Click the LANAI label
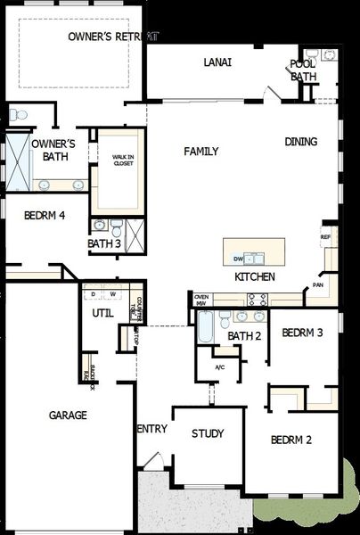tap(217, 62)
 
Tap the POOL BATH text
tap(303, 70)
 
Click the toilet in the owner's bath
tap(18, 114)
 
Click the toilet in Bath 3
tap(101, 224)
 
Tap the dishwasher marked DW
tap(238, 259)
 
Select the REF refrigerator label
tap(325, 237)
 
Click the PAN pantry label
tap(317, 285)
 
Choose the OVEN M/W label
tap(201, 300)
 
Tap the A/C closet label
tap(220, 366)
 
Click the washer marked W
tap(113, 293)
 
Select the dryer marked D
tap(93, 293)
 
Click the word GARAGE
tap(68, 416)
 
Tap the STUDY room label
tap(208, 434)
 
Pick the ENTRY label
tap(152, 429)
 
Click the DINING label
tap(301, 142)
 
